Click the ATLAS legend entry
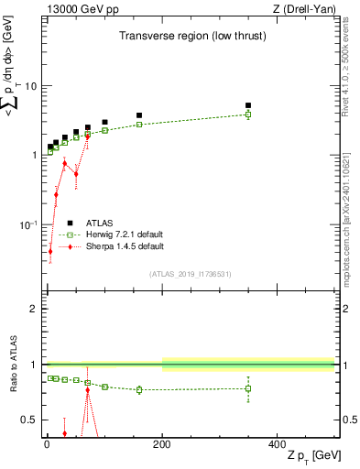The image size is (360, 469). (x=101, y=223)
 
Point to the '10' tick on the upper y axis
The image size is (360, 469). (x=29, y=86)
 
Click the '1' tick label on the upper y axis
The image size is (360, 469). (x=33, y=155)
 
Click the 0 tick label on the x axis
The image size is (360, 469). (x=47, y=444)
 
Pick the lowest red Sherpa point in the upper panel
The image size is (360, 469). (x=50, y=251)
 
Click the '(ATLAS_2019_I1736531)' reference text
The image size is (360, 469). (x=190, y=274)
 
